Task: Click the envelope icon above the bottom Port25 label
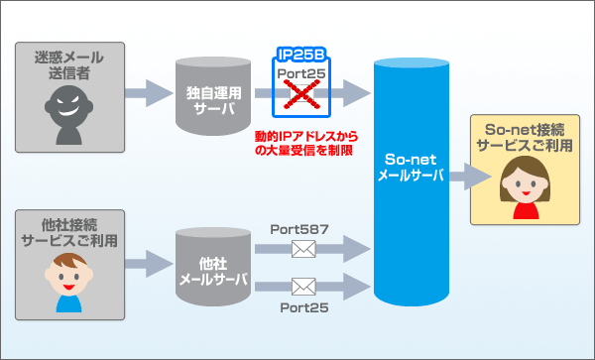302,286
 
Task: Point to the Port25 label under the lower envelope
303,308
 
